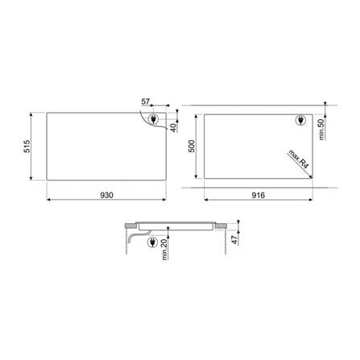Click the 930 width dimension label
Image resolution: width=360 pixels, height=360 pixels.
[106, 195]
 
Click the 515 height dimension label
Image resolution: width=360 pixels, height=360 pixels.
[27, 147]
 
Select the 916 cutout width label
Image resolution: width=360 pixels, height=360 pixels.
[259, 195]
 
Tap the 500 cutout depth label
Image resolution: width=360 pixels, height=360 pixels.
[192, 147]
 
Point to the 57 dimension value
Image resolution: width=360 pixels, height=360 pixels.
[146, 101]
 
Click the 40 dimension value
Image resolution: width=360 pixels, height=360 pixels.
[174, 127]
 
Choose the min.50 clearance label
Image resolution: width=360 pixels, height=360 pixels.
[321, 130]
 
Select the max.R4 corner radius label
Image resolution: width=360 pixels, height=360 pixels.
[299, 159]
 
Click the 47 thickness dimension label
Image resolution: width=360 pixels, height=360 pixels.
[235, 239]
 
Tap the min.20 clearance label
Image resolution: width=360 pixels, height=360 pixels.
[164, 250]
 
